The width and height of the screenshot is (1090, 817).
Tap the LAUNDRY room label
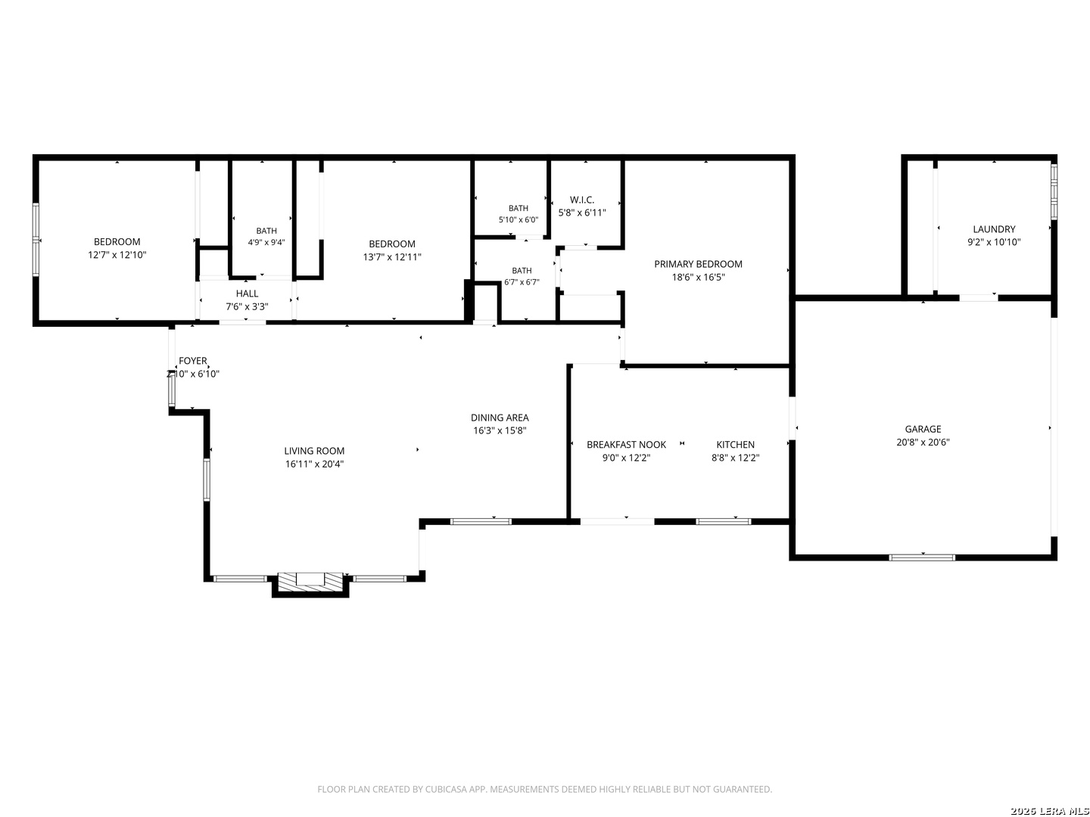994,229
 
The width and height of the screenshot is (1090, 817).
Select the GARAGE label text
923,429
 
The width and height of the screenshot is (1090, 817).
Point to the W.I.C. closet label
582,200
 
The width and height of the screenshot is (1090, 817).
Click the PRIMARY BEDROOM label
698,264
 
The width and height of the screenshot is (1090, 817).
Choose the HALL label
247,294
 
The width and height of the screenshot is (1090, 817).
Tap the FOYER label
193,361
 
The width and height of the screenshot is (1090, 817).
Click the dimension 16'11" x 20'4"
314,464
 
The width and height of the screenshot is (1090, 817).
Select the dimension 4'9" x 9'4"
266,243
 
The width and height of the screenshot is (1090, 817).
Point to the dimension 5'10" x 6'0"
519,219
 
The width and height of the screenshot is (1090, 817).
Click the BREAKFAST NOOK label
626,445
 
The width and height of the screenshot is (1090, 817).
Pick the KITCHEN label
736,445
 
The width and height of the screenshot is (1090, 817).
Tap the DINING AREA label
500,418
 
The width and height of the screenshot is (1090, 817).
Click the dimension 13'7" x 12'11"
392,257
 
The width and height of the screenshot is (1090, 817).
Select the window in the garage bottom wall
922,558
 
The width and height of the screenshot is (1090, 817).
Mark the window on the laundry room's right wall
1054,191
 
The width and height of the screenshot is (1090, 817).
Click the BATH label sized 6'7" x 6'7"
522,271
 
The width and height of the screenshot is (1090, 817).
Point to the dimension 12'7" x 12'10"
117,255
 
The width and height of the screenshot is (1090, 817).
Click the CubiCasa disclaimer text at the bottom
545,789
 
